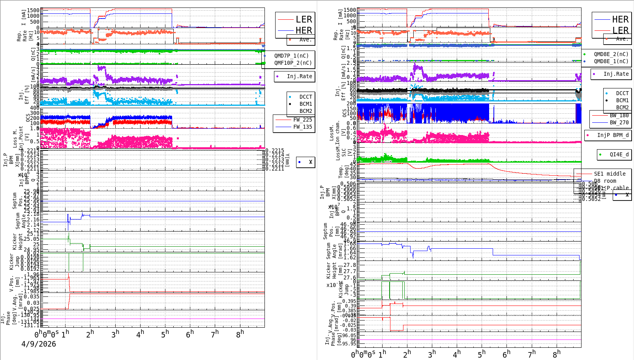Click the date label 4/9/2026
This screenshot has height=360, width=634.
tap(39, 344)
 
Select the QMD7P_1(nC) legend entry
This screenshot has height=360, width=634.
tap(291, 56)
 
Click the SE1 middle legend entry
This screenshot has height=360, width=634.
tap(610, 174)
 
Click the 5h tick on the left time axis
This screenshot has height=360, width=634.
tap(165, 334)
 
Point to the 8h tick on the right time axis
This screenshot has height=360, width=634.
tap(556, 354)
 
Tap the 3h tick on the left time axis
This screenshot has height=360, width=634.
tap(115, 334)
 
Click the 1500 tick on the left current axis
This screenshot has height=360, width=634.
tap(34, 10)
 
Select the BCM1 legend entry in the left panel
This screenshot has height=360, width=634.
tap(306, 104)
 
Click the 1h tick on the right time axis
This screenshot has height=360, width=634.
tap(382, 354)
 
